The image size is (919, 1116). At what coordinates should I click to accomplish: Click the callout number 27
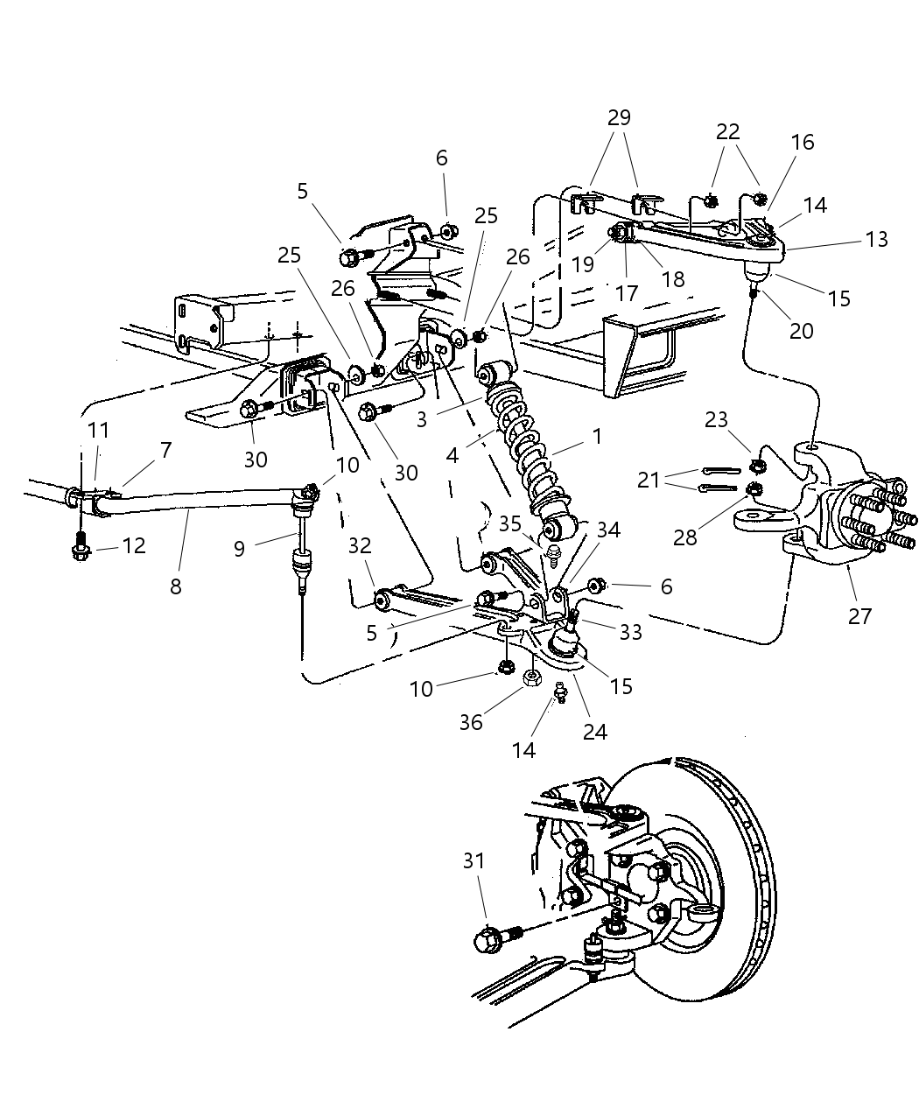[859, 616]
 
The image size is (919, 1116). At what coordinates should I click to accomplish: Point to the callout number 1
[597, 435]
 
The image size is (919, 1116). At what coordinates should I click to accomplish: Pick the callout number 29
[619, 117]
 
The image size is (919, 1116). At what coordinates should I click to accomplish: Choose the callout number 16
[803, 143]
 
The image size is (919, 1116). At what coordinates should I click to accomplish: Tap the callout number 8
[176, 586]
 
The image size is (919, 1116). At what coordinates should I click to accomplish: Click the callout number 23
[716, 420]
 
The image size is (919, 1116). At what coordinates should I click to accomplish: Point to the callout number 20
[801, 331]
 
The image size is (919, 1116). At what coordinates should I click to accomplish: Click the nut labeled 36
[530, 678]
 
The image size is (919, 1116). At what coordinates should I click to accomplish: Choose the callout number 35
[510, 525]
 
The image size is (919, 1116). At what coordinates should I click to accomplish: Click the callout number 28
[684, 537]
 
